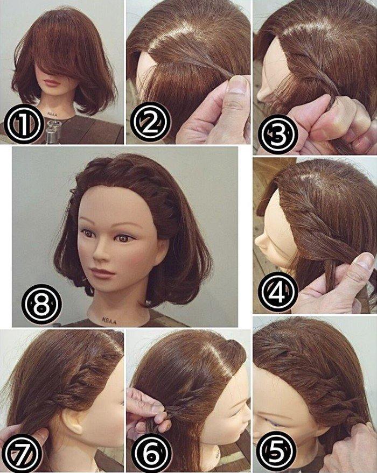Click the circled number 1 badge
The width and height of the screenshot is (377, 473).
click(x=24, y=124)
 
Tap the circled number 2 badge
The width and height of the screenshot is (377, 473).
click(x=151, y=122)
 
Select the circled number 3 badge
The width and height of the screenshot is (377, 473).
click(x=278, y=134)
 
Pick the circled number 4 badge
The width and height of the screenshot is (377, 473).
click(x=278, y=292)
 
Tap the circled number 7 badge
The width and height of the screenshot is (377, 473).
click(x=22, y=453)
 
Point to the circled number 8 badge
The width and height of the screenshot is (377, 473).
click(x=41, y=304)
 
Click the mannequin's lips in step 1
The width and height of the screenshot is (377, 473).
click(x=52, y=82)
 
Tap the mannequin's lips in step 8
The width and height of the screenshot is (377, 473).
click(x=103, y=273)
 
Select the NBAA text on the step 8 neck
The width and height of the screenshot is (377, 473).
click(x=109, y=320)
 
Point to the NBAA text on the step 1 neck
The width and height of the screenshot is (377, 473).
click(x=52, y=114)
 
